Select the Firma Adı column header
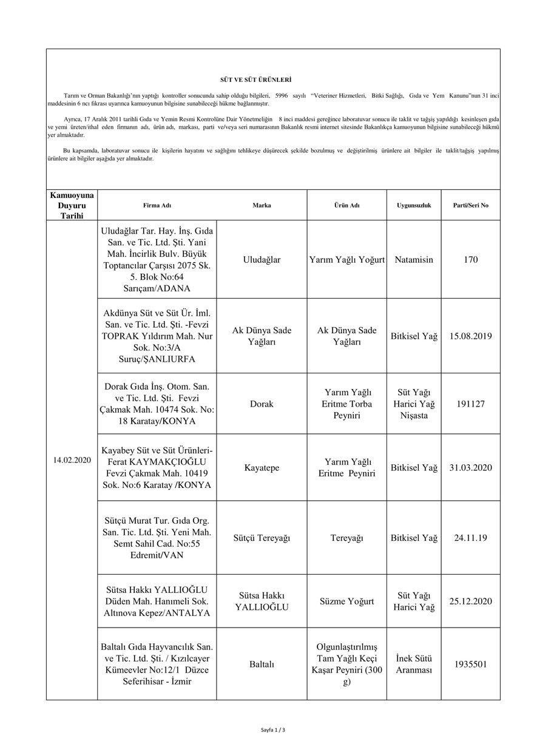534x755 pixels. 157,205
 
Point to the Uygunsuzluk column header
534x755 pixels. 414,205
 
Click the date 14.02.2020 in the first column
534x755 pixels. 72,460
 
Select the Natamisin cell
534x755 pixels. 414,259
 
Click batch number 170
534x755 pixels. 470,259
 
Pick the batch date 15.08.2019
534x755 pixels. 470,336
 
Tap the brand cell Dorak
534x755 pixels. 262,404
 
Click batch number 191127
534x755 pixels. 470,404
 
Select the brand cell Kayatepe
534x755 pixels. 262,468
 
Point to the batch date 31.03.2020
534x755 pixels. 470,468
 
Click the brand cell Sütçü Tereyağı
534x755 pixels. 262,538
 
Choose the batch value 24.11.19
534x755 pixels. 470,538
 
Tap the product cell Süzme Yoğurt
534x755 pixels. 346,601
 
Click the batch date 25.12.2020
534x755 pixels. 470,601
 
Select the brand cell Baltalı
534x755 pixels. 262,664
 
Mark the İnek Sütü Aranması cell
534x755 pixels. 414,664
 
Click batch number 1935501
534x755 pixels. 470,664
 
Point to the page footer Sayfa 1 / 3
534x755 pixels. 272,730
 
